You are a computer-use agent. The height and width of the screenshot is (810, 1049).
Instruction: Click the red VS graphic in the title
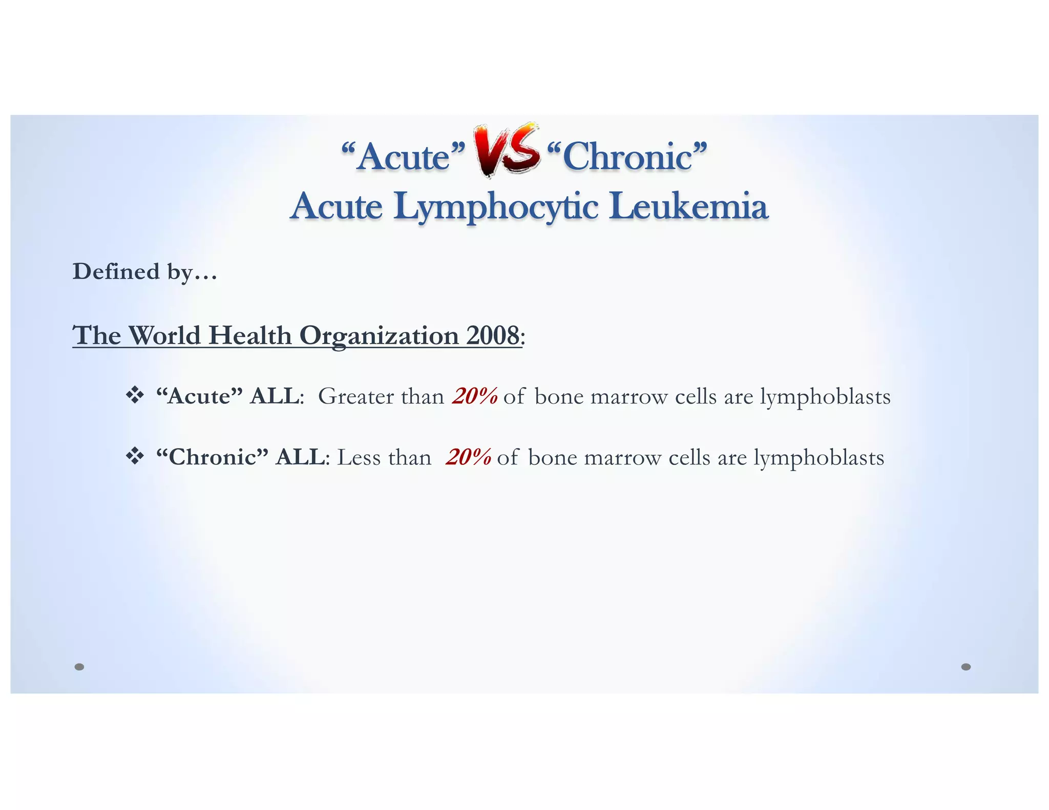point(507,150)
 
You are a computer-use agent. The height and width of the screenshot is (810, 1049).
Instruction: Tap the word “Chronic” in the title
point(627,156)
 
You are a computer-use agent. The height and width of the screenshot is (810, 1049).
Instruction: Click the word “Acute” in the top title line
point(403,156)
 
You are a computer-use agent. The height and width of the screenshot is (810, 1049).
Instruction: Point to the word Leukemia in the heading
point(689,206)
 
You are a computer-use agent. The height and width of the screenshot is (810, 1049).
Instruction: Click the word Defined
point(116,271)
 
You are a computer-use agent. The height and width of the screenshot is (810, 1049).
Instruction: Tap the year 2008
point(492,335)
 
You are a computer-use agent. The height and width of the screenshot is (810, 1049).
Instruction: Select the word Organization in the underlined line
point(379,336)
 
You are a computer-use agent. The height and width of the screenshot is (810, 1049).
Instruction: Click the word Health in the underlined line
point(250,335)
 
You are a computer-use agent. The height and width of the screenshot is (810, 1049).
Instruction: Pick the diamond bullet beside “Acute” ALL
point(135,395)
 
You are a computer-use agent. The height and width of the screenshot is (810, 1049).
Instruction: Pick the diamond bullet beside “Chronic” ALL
point(135,456)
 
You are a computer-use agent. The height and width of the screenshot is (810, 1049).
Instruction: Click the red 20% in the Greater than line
point(475,396)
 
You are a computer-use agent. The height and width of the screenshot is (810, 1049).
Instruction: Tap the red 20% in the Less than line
point(469,457)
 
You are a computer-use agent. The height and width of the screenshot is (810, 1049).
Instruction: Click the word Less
point(359,457)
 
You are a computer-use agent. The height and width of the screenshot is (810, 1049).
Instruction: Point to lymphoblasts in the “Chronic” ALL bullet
point(819,458)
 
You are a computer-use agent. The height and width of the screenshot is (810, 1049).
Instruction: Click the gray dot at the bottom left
point(79,667)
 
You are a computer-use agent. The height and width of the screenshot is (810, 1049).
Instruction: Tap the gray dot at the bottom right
point(966,667)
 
